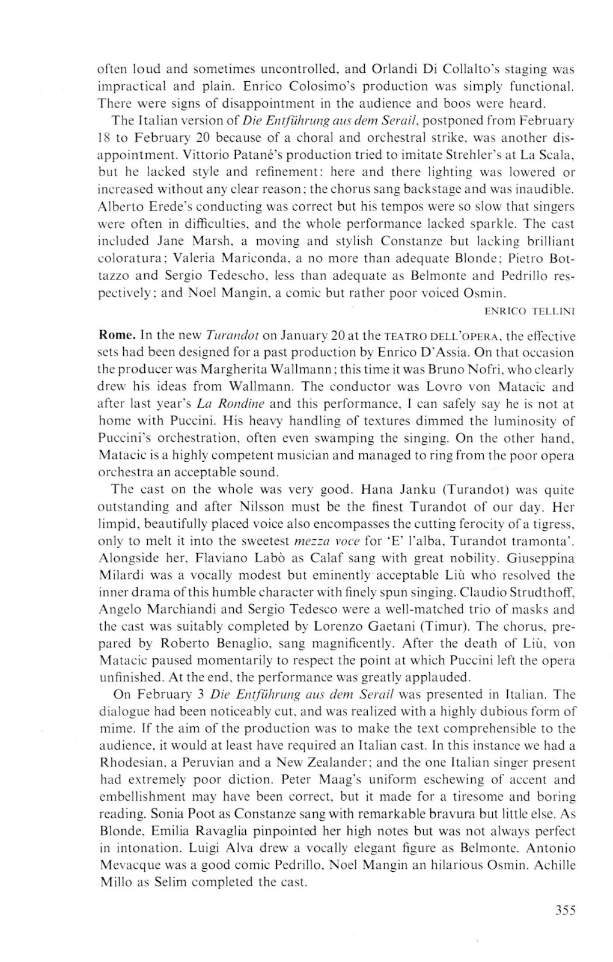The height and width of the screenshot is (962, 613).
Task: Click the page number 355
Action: click(x=566, y=910)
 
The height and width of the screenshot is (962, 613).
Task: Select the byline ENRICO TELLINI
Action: click(x=529, y=311)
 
